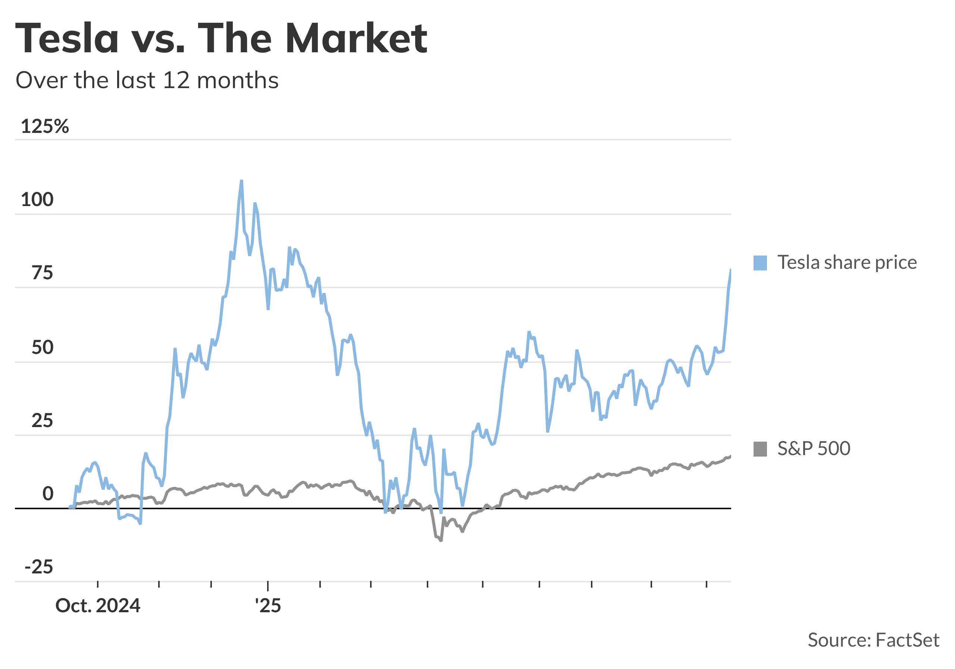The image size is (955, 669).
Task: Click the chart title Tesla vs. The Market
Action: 221,38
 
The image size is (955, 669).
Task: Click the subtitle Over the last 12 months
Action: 147,80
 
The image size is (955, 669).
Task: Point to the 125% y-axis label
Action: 44,126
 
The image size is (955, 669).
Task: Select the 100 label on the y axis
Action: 37,200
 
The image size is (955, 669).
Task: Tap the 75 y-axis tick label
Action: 42,273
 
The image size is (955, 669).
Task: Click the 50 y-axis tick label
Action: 42,348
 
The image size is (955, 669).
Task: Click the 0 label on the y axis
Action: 48,494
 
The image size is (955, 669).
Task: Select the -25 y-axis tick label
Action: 39,567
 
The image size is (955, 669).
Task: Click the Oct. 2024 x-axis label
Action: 98,606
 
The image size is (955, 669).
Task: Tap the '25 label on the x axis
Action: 268,606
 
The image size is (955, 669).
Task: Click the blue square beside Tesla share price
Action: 760,263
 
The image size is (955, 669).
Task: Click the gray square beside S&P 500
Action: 760,449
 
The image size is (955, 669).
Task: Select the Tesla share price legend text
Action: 847,263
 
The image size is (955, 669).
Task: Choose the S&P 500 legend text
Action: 814,449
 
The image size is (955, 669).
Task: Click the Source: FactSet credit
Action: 873,640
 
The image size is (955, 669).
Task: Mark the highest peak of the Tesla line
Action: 241,181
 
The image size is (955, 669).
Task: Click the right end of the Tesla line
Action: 730,270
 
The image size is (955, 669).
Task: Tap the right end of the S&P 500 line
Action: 730,456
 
